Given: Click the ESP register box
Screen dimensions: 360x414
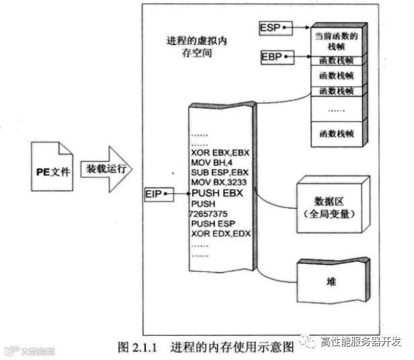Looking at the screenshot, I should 270,28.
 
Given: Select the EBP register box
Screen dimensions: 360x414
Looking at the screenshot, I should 271,56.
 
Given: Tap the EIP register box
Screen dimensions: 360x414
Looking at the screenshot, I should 155,194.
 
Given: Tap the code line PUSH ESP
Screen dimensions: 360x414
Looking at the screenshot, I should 212,224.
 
